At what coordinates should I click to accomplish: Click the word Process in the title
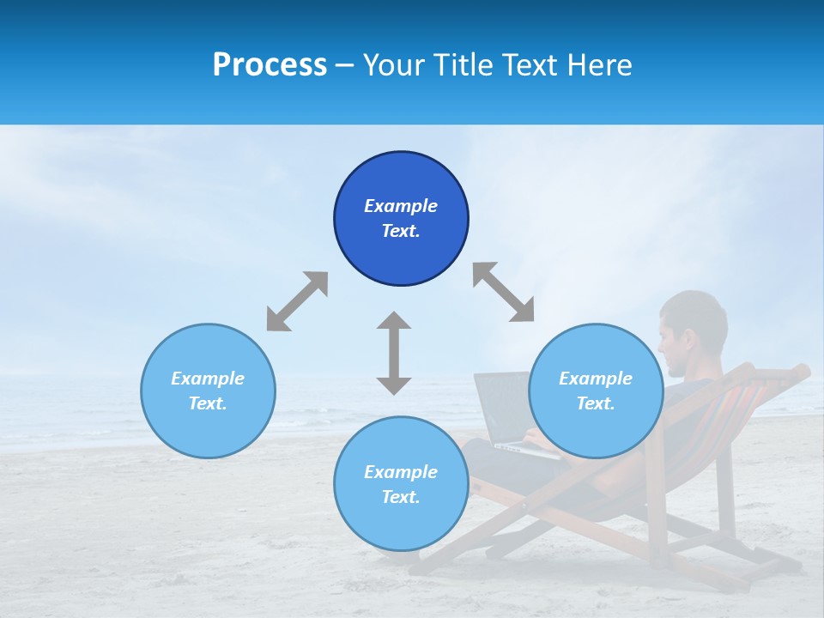pyautogui.click(x=270, y=65)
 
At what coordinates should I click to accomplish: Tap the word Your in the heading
pyautogui.click(x=393, y=65)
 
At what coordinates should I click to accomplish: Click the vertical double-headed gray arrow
pyautogui.click(x=394, y=353)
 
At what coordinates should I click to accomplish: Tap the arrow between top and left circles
pyautogui.click(x=297, y=301)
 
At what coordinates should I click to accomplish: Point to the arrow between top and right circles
pyautogui.click(x=503, y=292)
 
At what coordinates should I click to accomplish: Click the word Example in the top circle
pyautogui.click(x=401, y=206)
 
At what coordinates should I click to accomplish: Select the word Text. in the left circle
pyautogui.click(x=208, y=403)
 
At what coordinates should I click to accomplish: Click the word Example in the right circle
pyautogui.click(x=596, y=379)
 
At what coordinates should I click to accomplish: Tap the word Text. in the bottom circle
pyautogui.click(x=401, y=497)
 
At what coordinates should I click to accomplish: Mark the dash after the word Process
pyautogui.click(x=345, y=66)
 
